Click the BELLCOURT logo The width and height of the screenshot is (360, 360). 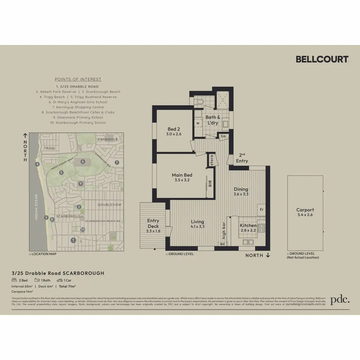[322, 59]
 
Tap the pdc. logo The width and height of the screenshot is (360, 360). [340, 300]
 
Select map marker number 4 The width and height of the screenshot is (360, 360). [37, 164]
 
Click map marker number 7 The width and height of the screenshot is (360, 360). [117, 163]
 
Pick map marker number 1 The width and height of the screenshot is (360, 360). [73, 240]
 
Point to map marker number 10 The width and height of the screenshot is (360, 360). [83, 229]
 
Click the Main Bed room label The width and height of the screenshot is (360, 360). [182, 177]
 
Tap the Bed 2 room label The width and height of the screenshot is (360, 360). [174, 131]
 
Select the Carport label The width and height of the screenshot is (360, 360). [305, 212]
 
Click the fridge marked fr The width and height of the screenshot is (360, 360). [262, 209]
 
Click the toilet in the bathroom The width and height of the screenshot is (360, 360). [199, 102]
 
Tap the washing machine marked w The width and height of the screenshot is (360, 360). [198, 123]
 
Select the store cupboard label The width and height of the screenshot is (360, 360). [212, 160]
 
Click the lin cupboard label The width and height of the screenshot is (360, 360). [223, 136]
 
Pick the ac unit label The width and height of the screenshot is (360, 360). [222, 244]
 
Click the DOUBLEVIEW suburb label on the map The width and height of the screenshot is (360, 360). [109, 205]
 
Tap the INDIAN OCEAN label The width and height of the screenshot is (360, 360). [36, 207]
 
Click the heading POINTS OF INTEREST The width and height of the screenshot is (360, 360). [78, 79]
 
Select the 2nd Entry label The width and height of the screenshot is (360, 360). [242, 158]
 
